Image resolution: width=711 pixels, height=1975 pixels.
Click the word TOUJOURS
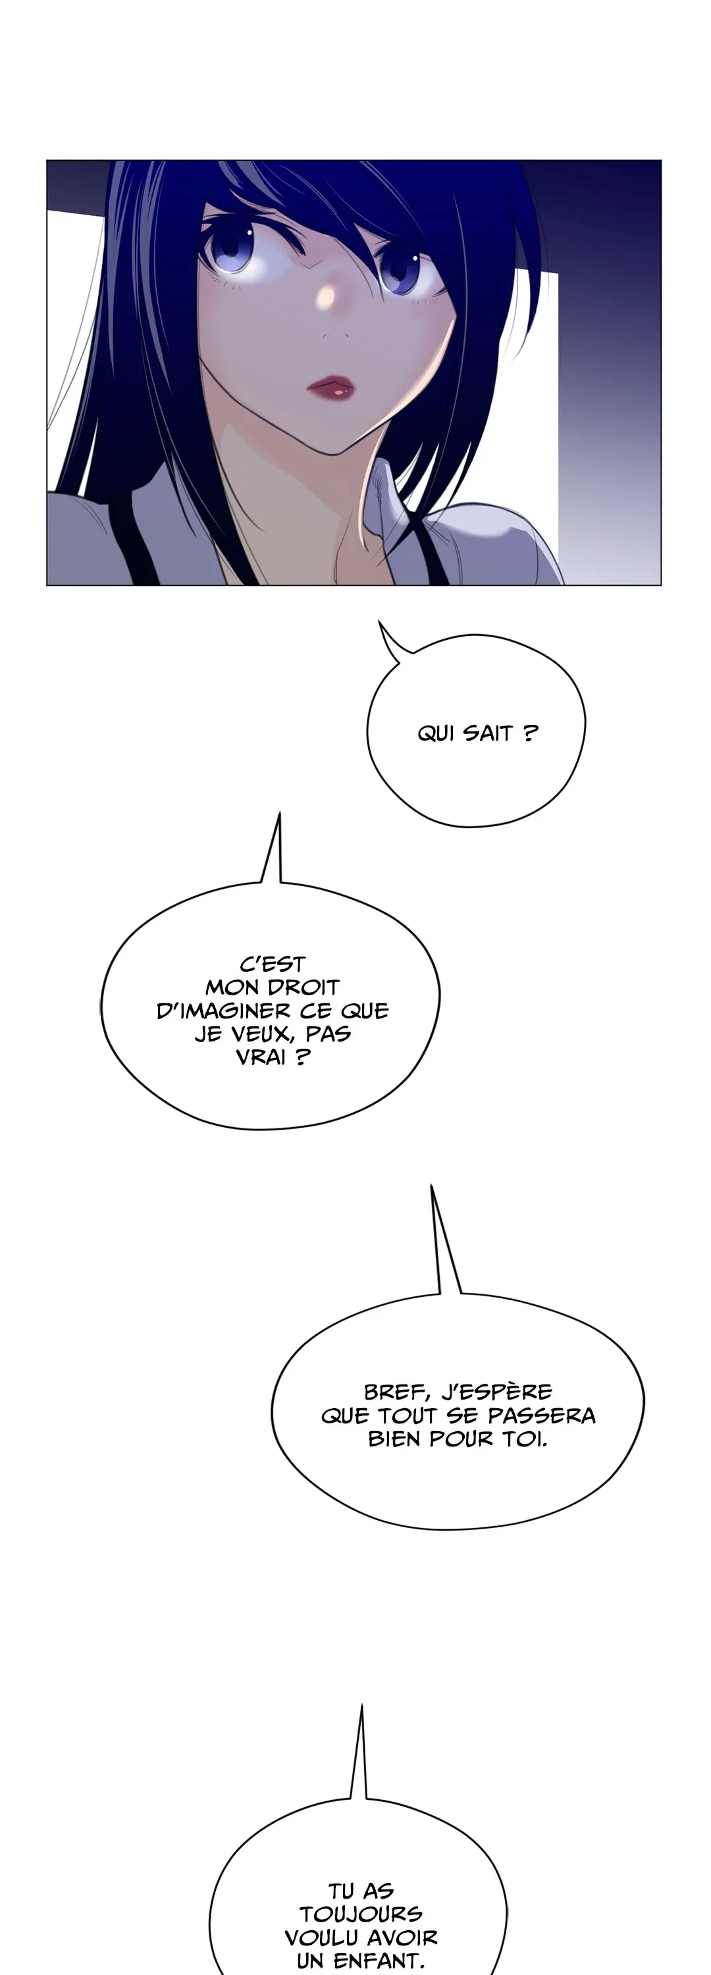coord(361,1914)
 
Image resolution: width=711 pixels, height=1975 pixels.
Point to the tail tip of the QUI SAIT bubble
coord(379,621)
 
